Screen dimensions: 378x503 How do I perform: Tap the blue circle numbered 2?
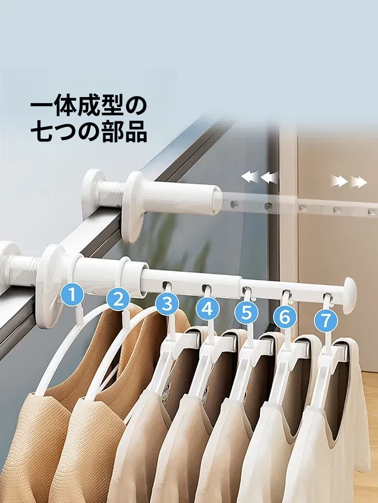(118, 299)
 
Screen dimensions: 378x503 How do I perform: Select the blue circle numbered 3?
(167, 303)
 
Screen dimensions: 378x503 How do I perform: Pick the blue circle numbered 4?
(208, 309)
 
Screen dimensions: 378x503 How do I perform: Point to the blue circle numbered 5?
(246, 312)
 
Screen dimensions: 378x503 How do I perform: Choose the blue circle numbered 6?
(285, 316)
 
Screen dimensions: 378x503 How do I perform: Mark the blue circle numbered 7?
(326, 320)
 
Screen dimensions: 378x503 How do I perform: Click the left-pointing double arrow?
(259, 177)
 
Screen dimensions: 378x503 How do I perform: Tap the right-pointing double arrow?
(349, 182)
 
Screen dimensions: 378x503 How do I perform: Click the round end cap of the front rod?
(349, 295)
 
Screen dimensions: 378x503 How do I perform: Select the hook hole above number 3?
(167, 285)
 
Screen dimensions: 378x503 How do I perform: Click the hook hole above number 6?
(286, 294)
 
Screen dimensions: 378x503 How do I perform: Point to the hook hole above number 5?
(246, 291)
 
